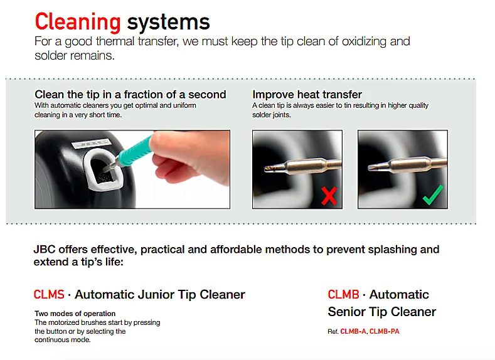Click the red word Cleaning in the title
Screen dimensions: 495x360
[x=78, y=22]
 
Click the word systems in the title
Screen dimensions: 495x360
[x=168, y=22]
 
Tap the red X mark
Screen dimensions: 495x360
[x=329, y=196]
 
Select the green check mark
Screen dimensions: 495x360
[x=432, y=195]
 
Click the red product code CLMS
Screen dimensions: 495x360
[x=49, y=294]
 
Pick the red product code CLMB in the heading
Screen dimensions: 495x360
[x=343, y=294]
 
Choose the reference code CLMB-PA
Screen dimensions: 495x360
[x=384, y=331]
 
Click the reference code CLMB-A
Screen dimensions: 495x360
[x=353, y=331]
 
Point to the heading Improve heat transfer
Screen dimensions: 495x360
[x=307, y=94]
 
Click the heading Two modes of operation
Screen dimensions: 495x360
[x=75, y=314]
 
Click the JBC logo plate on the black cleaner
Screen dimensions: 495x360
[x=92, y=144]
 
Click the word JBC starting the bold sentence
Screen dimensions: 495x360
[x=45, y=249]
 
